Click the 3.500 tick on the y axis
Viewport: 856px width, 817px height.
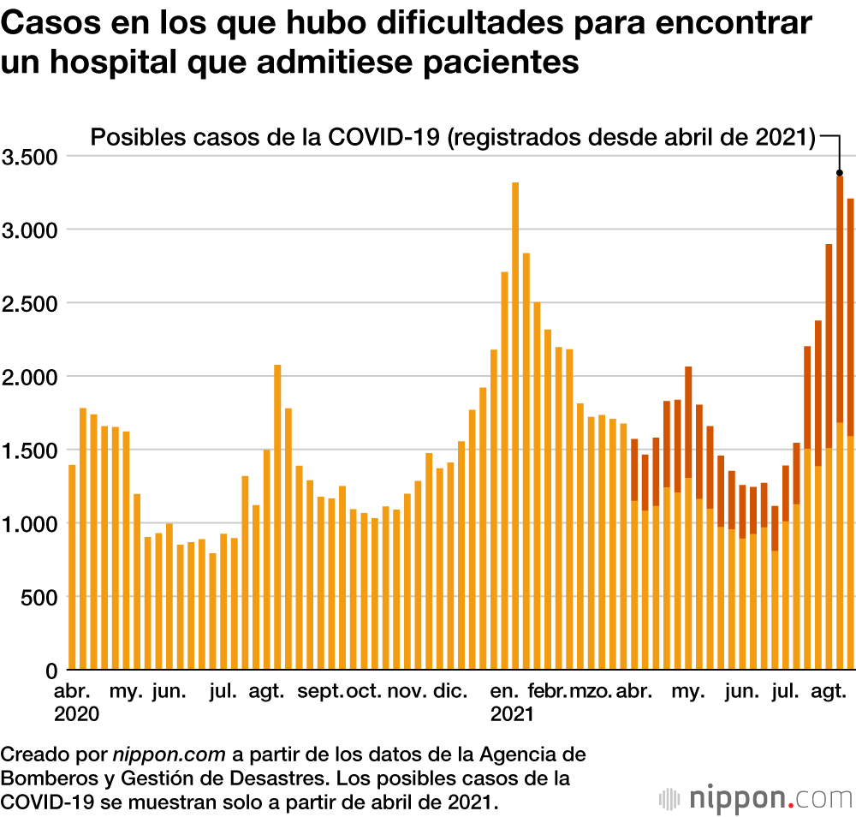(28, 157)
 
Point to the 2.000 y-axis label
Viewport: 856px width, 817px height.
(28, 377)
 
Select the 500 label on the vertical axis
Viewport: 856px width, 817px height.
(39, 597)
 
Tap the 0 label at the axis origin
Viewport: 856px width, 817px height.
(51, 670)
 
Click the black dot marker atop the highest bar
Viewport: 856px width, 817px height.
(840, 172)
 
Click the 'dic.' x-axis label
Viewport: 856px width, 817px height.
(450, 691)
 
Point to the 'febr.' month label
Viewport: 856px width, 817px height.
(548, 691)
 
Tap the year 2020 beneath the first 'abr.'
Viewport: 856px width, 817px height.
(77, 713)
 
